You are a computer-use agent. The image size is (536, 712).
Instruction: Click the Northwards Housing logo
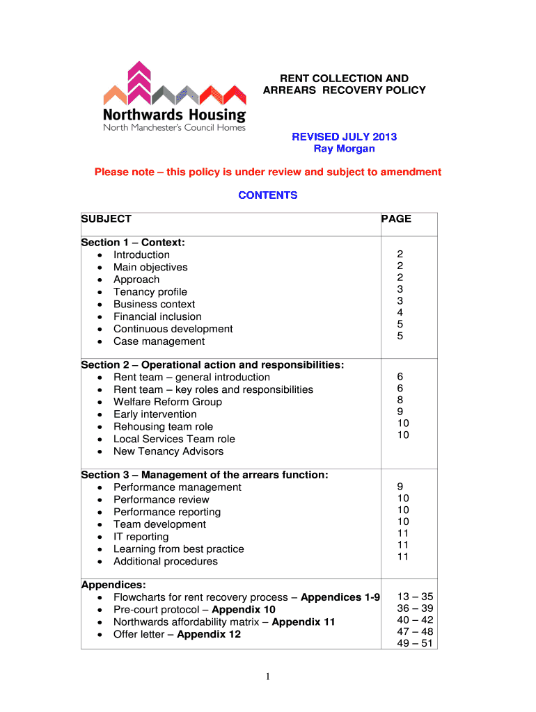(175, 97)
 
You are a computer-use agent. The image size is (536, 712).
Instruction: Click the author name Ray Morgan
(344, 149)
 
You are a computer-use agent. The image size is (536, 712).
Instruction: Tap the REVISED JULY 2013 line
(344, 136)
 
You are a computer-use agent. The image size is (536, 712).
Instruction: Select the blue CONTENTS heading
(267, 195)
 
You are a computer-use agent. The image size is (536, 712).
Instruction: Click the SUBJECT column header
(107, 219)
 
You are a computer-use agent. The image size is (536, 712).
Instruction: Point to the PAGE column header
(396, 219)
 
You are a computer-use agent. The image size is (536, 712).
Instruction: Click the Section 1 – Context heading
(133, 243)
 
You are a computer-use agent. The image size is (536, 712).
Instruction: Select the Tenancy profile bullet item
(150, 292)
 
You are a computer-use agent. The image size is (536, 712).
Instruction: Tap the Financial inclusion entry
(157, 316)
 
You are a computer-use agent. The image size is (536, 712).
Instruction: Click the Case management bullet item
(159, 341)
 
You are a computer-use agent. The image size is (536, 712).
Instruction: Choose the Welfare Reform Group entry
(168, 402)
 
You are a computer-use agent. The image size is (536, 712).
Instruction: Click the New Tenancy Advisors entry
(168, 451)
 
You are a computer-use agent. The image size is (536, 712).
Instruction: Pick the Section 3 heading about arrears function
(205, 475)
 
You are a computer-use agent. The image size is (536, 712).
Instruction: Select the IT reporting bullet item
(141, 537)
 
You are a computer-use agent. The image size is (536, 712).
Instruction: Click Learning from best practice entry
(178, 549)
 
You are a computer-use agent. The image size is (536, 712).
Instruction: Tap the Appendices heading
(109, 585)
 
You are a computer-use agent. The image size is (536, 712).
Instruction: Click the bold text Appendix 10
(244, 610)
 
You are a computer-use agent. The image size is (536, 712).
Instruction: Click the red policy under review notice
(268, 172)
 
